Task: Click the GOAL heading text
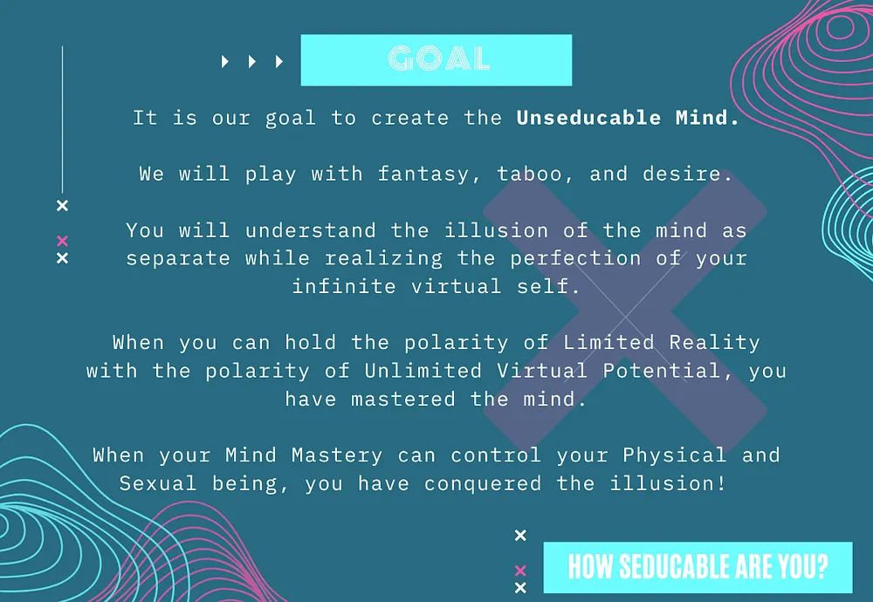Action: (439, 58)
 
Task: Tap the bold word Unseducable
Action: (588, 118)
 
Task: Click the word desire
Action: (687, 174)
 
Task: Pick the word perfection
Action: (575, 259)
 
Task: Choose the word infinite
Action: (344, 286)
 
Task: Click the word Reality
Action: (714, 343)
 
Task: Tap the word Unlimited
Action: (423, 371)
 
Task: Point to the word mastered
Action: (403, 399)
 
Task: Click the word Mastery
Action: (337, 455)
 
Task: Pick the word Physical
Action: (674, 455)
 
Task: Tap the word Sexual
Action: (158, 483)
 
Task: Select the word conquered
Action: (482, 483)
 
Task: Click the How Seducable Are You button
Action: (698, 567)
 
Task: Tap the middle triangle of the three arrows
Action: (252, 61)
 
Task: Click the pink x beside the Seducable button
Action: (520, 571)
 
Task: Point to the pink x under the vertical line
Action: (62, 241)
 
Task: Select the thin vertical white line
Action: (62, 120)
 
